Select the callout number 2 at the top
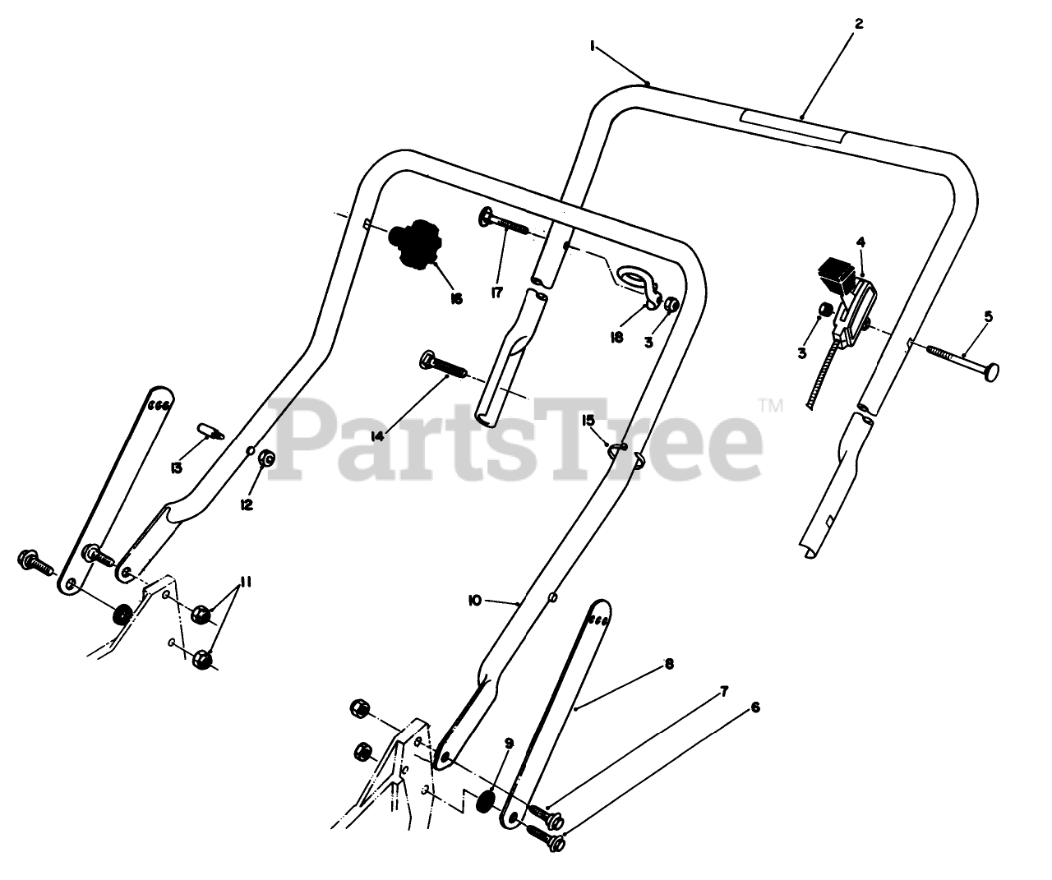[858, 24]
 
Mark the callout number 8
[669, 664]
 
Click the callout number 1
[592, 47]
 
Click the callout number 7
[723, 692]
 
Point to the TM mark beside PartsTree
[771, 404]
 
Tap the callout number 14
[377, 436]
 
